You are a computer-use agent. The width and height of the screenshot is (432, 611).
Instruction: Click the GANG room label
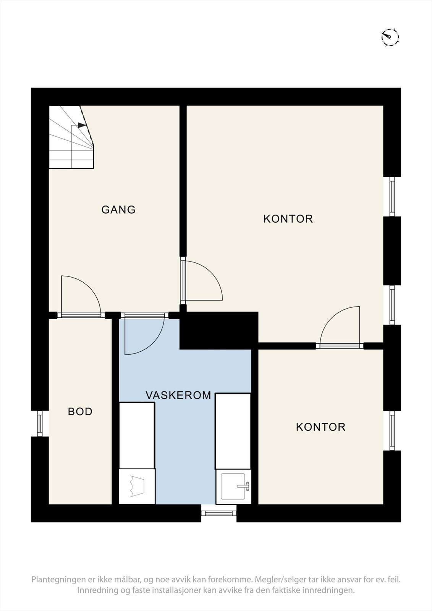(x=118, y=210)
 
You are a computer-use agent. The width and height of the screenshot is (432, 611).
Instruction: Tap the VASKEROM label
(x=178, y=395)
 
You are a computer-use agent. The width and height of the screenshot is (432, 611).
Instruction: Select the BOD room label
(x=80, y=411)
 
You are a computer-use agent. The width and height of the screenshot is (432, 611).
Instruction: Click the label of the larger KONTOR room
(x=288, y=219)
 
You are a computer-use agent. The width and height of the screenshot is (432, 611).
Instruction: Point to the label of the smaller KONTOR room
(x=320, y=427)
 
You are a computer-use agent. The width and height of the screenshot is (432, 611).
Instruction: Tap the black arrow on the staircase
(x=82, y=125)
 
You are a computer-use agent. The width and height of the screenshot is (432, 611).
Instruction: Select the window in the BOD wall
(x=40, y=423)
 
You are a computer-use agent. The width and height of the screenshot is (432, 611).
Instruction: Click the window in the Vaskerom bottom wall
(x=219, y=513)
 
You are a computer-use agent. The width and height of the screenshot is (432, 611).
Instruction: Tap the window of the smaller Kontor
(x=392, y=430)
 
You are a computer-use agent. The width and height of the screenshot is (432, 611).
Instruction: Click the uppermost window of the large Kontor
(x=392, y=196)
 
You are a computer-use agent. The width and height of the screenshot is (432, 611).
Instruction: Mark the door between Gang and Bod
(x=81, y=296)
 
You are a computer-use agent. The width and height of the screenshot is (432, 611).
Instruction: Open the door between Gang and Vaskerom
(x=145, y=334)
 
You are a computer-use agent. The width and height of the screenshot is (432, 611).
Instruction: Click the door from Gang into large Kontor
(x=202, y=280)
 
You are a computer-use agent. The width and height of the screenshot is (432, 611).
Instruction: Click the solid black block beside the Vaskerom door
(x=219, y=330)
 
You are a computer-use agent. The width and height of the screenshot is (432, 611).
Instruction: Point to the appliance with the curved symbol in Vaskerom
(x=137, y=487)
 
